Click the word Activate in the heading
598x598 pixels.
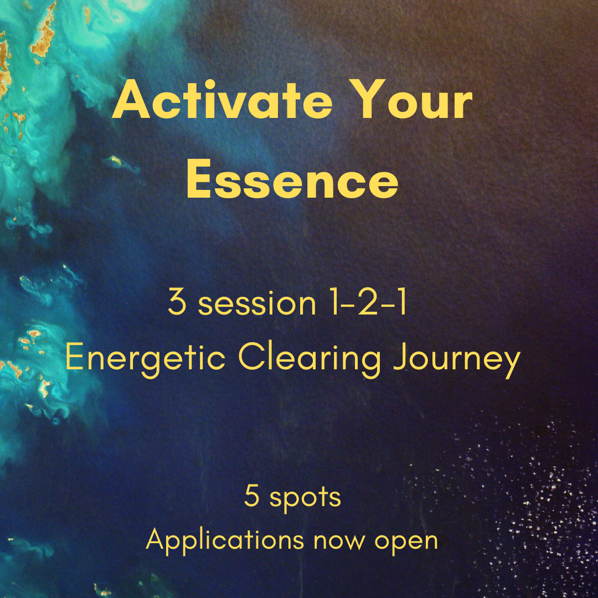click(x=223, y=99)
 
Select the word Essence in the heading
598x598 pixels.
click(x=292, y=179)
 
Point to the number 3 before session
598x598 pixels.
click(x=177, y=302)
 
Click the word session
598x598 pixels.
click(x=257, y=303)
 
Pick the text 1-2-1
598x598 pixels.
click(x=368, y=302)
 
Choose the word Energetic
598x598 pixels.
click(x=145, y=358)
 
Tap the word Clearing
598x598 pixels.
click(x=310, y=358)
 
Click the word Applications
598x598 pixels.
click(x=225, y=539)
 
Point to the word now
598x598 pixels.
click(x=339, y=542)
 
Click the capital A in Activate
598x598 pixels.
click(x=131, y=99)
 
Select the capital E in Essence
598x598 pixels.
click(x=199, y=178)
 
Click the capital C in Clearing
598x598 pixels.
click(x=252, y=357)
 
